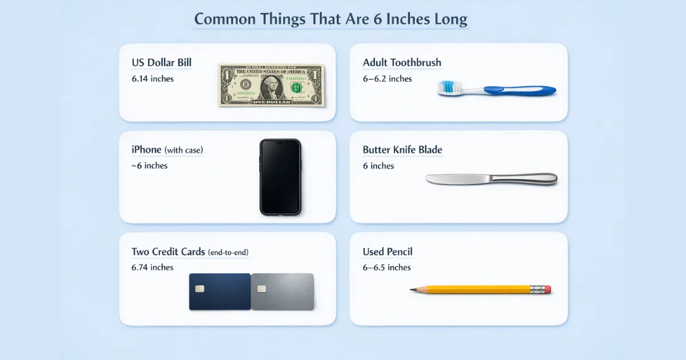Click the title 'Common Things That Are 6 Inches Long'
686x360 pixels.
click(330, 19)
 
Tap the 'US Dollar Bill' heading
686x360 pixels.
click(161, 62)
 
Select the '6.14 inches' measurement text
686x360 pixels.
click(153, 78)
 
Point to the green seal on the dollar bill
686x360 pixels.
click(296, 87)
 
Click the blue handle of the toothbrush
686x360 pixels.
click(520, 90)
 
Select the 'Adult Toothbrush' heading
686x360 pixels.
click(402, 62)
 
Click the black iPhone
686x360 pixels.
click(280, 177)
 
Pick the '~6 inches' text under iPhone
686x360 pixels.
click(149, 166)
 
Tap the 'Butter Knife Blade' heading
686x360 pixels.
click(402, 150)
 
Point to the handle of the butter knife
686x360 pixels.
click(526, 179)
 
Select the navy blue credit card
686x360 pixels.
click(220, 291)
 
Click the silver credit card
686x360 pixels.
click(282, 291)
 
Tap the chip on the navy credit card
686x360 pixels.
click(200, 289)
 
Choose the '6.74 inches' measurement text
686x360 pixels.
click(153, 267)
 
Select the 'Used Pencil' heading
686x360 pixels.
click(388, 252)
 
